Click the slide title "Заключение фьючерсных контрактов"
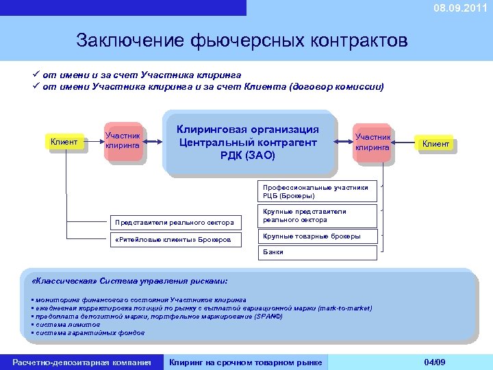click(x=242, y=40)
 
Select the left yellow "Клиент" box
click(x=66, y=143)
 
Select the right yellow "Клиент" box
click(x=435, y=144)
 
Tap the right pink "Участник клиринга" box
click(x=372, y=143)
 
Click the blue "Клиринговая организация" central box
click(x=248, y=143)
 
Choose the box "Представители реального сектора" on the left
click(x=174, y=222)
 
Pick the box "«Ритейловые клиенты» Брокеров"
click(x=174, y=239)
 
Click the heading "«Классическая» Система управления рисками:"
click(x=130, y=281)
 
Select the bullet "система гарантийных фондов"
click(x=88, y=332)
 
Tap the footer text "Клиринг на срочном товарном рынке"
click(x=245, y=362)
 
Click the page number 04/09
click(x=435, y=362)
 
